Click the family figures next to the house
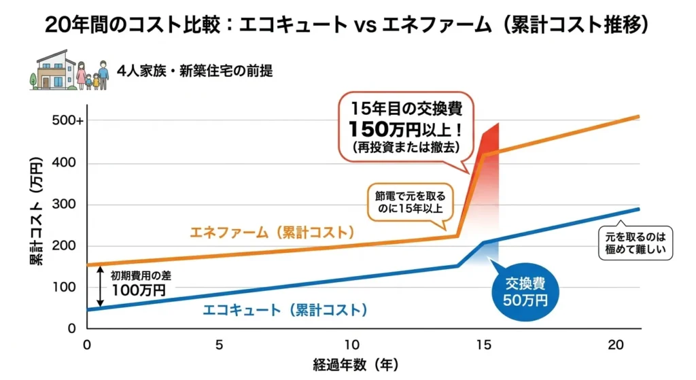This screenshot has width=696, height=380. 92,75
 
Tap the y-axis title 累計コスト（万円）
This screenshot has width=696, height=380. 35,211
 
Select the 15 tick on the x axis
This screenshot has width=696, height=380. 483,344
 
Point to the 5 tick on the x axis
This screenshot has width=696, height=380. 219,344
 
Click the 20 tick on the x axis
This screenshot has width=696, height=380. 615,344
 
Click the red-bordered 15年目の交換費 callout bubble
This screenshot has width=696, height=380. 405,128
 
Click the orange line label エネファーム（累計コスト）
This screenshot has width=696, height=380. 272,232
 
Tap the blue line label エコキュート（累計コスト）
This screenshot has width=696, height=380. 285,311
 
